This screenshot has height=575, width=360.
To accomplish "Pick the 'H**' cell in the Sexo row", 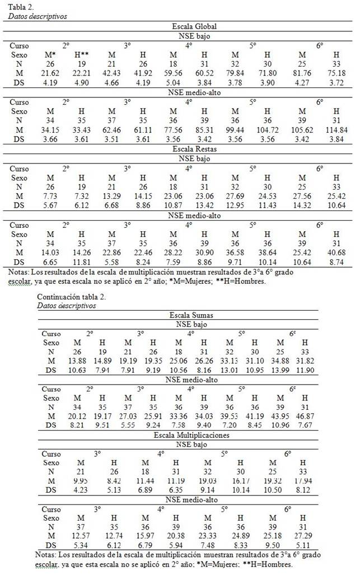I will tap(82, 55).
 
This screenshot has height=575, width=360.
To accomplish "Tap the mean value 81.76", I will tap(303, 74).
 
